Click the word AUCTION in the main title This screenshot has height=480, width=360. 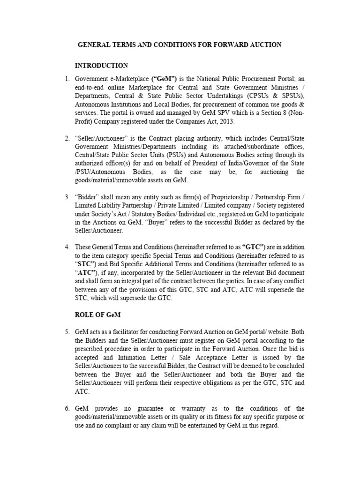coord(263,45)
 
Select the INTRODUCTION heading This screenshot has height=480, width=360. coord(101,65)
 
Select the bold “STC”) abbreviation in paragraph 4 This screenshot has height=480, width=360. coord(86,264)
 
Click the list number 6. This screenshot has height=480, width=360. coord(67,408)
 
